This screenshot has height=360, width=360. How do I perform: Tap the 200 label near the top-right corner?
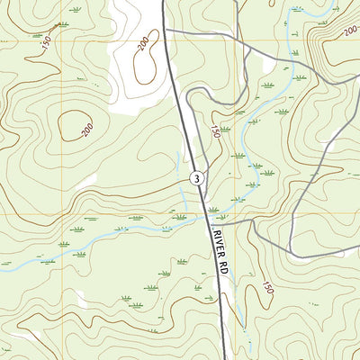point(350,31)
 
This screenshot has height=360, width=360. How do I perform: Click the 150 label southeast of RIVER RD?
point(267,288)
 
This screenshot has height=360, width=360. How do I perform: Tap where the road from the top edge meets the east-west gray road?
point(240,39)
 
